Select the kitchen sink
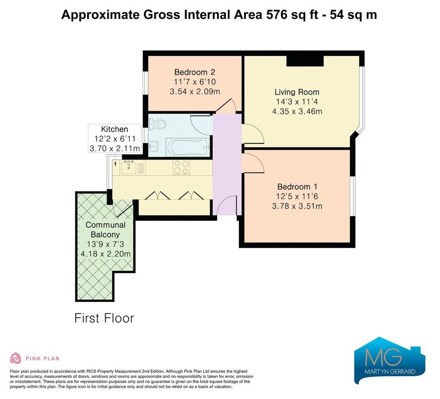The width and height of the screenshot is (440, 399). [x=129, y=168]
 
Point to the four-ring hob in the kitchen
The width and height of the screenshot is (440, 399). [x=181, y=167]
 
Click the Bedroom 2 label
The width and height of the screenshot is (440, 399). [x=195, y=72]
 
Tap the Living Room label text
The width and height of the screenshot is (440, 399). [x=297, y=92]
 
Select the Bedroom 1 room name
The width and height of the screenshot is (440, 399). [x=297, y=187]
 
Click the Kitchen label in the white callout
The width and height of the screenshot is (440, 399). [x=114, y=129]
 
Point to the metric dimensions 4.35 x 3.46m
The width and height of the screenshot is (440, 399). [x=297, y=111]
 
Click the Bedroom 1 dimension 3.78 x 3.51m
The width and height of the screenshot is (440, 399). [x=297, y=206]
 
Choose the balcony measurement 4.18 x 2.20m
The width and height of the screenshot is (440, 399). [x=106, y=254]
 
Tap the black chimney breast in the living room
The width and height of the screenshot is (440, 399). [x=305, y=61]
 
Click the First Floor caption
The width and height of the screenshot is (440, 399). [x=104, y=318]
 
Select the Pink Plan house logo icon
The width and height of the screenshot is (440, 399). [x=16, y=358]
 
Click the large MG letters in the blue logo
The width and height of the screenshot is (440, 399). [x=383, y=357]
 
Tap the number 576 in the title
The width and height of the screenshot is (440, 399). [x=277, y=15]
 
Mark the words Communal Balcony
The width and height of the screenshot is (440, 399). [x=106, y=230]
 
